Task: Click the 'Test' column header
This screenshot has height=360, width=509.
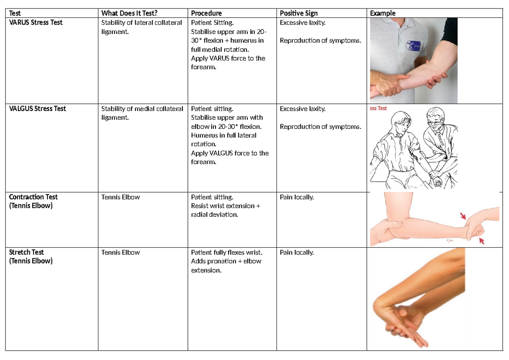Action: click(x=15, y=13)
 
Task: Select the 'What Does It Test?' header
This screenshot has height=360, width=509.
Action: click(x=129, y=13)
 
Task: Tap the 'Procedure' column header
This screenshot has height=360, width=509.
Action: click(x=206, y=13)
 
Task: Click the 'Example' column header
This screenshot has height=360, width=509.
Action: click(x=383, y=13)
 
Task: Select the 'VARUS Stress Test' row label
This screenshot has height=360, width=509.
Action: click(x=36, y=22)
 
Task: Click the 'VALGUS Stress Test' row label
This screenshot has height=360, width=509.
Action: click(x=37, y=109)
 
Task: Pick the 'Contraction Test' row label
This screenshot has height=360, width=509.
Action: click(x=33, y=197)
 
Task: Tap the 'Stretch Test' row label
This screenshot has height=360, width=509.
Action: click(x=26, y=252)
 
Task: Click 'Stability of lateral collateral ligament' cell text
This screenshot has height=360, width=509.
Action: click(x=141, y=27)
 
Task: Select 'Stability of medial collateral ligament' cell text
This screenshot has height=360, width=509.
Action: click(x=142, y=113)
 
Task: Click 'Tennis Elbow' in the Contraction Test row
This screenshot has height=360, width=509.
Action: click(x=120, y=197)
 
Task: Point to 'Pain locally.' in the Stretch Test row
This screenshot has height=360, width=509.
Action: click(x=296, y=252)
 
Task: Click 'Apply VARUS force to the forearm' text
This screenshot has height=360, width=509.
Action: click(x=228, y=62)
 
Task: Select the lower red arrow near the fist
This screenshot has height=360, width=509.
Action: click(x=481, y=241)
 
